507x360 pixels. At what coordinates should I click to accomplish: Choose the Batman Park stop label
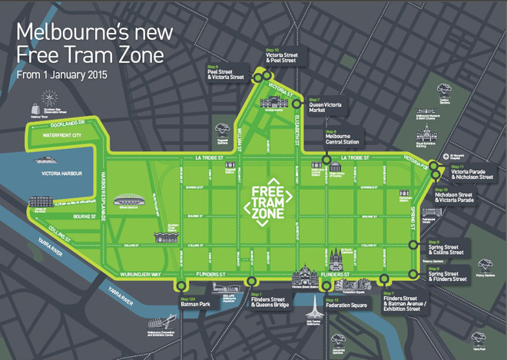pos(194,304)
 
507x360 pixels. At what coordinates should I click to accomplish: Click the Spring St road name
pos(413,218)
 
